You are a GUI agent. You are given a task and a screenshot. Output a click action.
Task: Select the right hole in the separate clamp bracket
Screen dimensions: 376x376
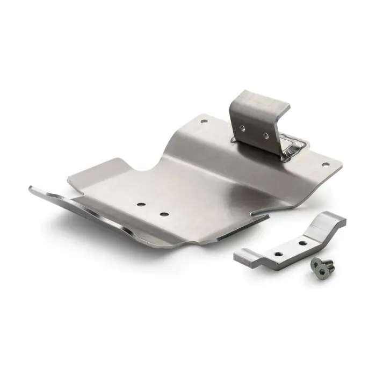point(302,243)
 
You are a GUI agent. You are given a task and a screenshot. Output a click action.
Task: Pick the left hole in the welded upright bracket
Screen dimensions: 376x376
point(243,128)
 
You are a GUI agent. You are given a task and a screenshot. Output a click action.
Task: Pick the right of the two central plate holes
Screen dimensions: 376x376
point(164,214)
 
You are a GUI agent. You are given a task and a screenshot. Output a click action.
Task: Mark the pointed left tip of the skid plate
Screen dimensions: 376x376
point(32,188)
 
